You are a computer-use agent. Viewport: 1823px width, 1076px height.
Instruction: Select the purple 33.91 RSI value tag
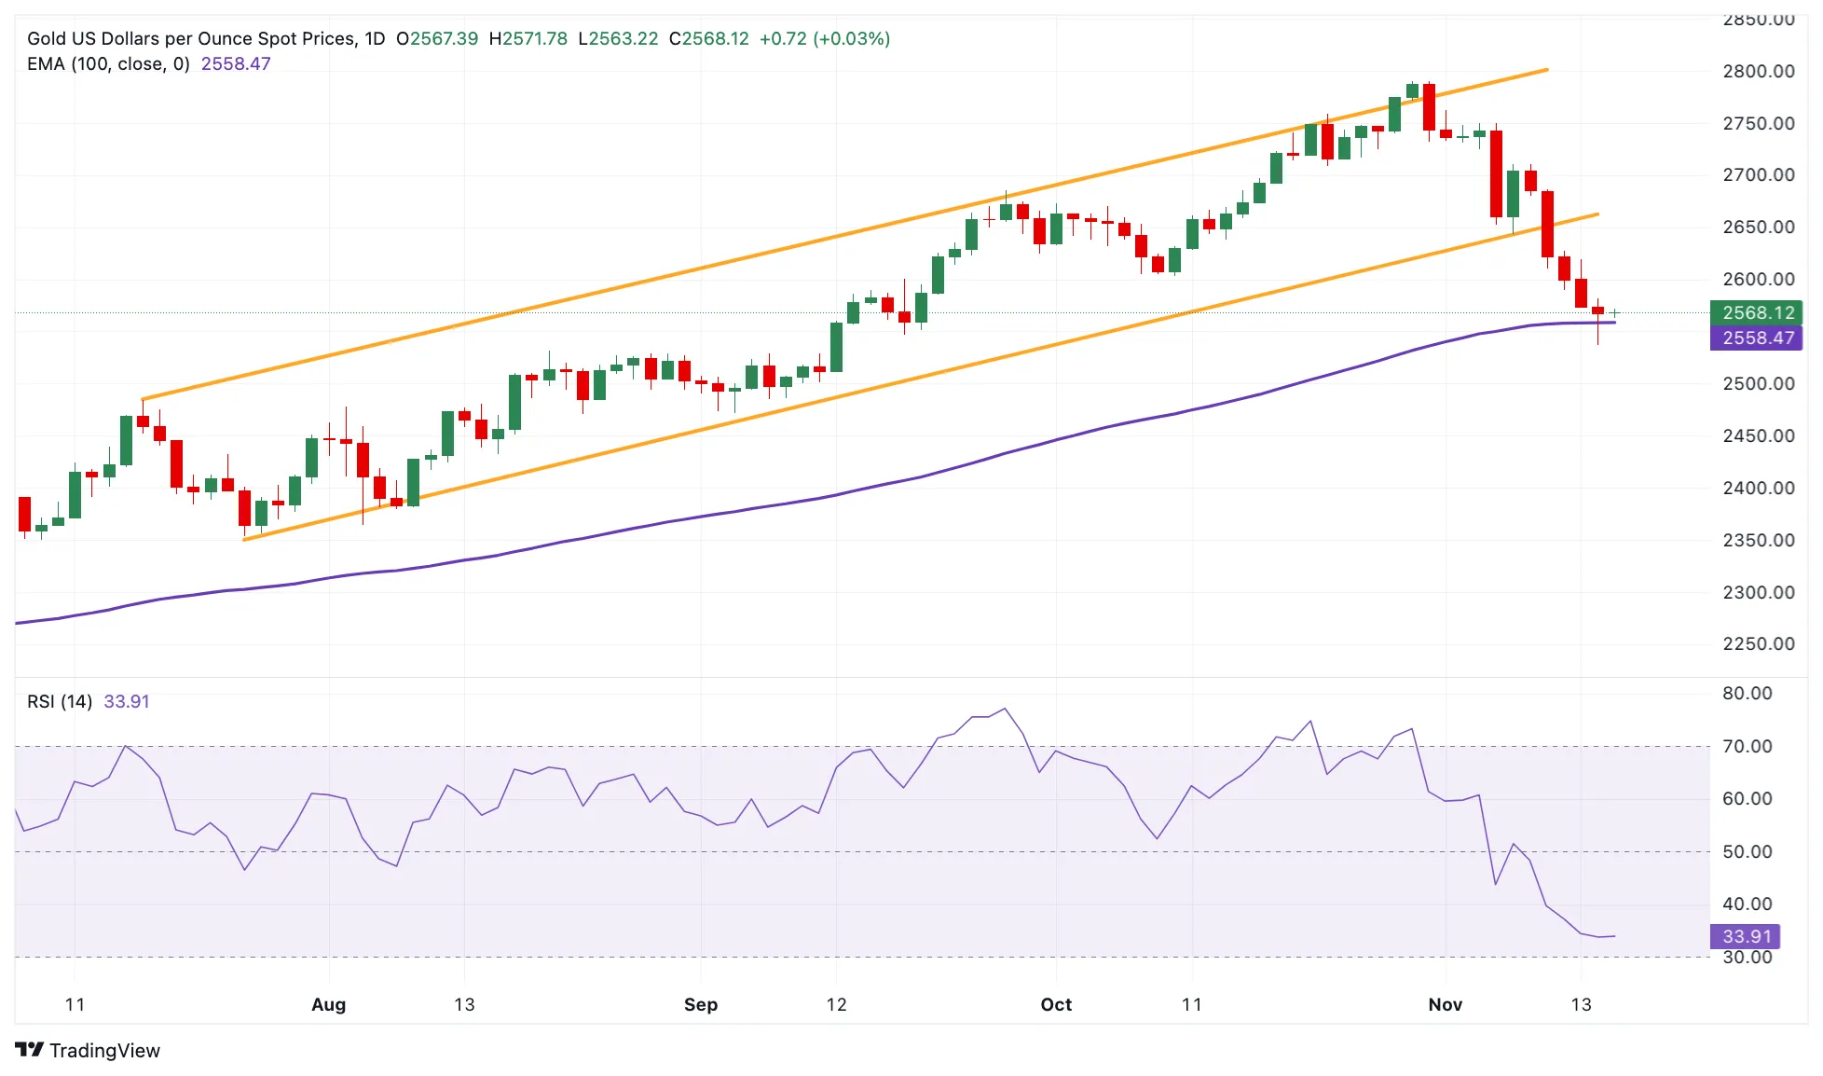click(1745, 936)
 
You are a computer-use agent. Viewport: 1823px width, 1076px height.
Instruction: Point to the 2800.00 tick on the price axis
click(1759, 71)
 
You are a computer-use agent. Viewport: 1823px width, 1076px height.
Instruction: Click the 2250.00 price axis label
click(1759, 643)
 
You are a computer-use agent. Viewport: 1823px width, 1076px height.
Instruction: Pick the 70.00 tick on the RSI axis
click(1748, 746)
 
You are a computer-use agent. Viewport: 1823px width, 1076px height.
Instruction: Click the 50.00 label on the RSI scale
click(1748, 851)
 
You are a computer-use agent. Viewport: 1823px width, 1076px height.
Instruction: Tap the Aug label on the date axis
click(328, 1004)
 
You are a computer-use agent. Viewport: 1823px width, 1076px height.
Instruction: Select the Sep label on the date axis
click(701, 1004)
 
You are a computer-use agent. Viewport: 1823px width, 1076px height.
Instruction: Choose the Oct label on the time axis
click(1056, 1004)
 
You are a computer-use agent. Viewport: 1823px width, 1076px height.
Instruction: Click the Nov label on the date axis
click(1446, 1004)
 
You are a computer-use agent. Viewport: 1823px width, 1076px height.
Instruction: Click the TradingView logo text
click(104, 1051)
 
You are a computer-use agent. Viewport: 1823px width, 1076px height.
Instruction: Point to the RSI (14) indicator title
click(60, 701)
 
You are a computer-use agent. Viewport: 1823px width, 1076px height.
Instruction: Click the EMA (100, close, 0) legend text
click(108, 63)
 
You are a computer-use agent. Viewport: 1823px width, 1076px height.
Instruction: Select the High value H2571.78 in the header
click(528, 38)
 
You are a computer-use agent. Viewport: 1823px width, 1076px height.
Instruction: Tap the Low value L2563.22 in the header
click(618, 38)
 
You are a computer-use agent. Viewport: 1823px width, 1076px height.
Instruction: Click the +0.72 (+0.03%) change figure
click(825, 38)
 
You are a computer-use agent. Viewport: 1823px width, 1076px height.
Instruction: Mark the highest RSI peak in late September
click(1005, 709)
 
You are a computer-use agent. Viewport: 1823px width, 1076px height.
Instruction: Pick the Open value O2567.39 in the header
click(437, 38)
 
